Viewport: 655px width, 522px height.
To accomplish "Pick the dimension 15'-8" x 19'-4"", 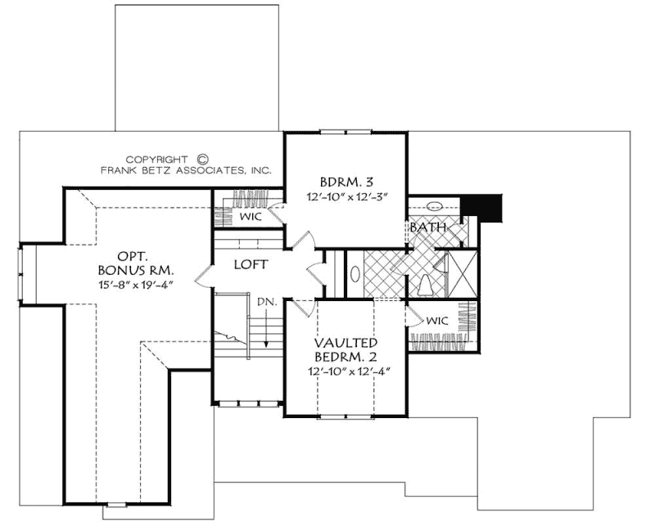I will (x=133, y=284).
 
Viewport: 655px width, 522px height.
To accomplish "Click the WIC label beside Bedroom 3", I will (x=251, y=216).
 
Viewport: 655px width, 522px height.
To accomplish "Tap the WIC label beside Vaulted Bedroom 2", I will (x=436, y=321).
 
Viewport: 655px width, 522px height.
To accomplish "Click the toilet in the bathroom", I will (x=424, y=284).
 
